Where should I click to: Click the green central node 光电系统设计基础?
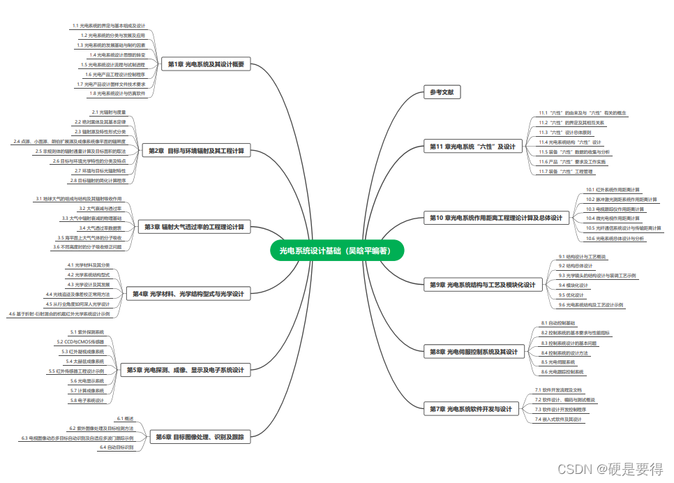[337, 251]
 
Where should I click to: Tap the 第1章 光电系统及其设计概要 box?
[206, 64]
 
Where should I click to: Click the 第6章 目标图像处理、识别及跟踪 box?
[200, 437]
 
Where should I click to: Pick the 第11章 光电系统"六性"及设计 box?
[472, 147]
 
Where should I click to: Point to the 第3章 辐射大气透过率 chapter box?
[194, 227]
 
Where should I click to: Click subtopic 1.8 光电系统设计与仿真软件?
[117, 93]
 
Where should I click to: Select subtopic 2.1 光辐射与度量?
[109, 112]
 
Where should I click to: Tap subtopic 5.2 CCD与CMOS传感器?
[81, 342]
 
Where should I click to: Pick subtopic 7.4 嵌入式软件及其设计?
[557, 419]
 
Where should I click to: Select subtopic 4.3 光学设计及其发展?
[88, 284]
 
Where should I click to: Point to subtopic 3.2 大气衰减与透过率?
[100, 208]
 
